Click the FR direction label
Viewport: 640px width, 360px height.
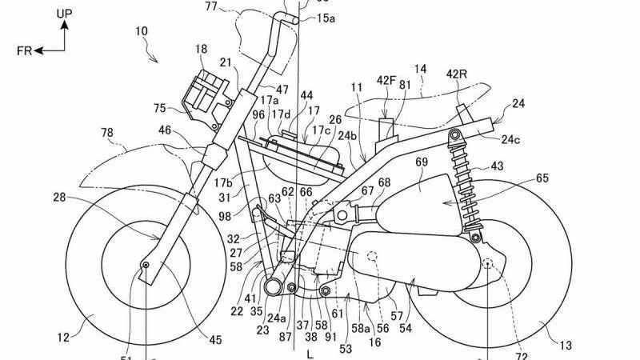(23, 50)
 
